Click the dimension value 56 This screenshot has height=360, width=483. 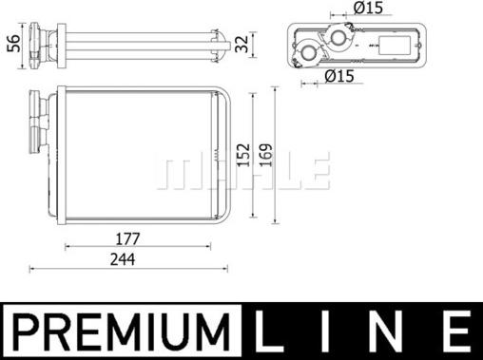coord(13,44)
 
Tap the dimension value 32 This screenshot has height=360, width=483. coord(242,44)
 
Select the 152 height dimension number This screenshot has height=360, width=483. coord(244,155)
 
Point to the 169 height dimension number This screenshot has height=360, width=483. coord(266,155)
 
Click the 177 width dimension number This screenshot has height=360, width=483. coord(127,239)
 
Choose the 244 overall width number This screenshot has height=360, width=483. coord(123,259)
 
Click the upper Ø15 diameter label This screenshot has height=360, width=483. coord(368,8)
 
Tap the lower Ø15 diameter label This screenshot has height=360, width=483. coord(339,76)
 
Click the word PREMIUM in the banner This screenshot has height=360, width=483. coord(122,331)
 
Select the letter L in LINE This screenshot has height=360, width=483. coord(269,331)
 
